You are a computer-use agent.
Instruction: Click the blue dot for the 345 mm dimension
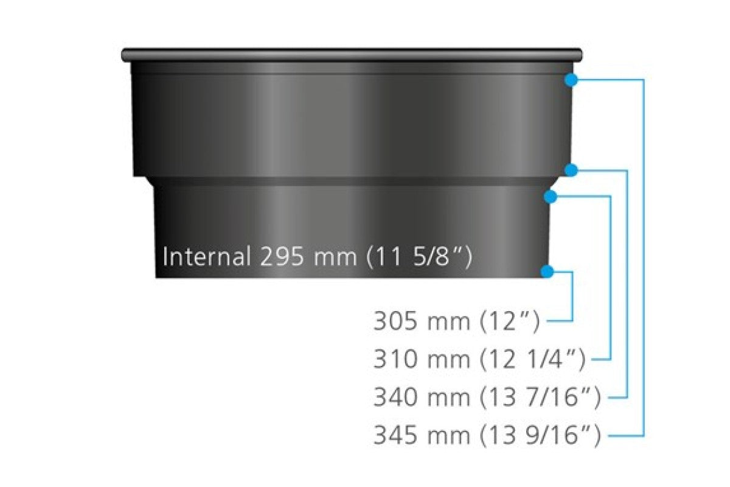tap(571, 80)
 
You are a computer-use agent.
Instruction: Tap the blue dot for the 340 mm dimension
tap(571, 170)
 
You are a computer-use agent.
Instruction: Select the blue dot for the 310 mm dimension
tap(551, 196)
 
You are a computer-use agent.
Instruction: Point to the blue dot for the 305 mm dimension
tap(547, 272)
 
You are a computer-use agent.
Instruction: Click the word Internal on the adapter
tap(207, 256)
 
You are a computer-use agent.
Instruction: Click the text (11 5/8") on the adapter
tap(418, 256)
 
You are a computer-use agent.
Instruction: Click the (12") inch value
tap(510, 321)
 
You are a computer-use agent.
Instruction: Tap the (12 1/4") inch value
tap(533, 359)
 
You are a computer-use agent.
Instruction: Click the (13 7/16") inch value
tap(540, 398)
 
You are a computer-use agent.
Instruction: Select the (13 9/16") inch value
tap(540, 436)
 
